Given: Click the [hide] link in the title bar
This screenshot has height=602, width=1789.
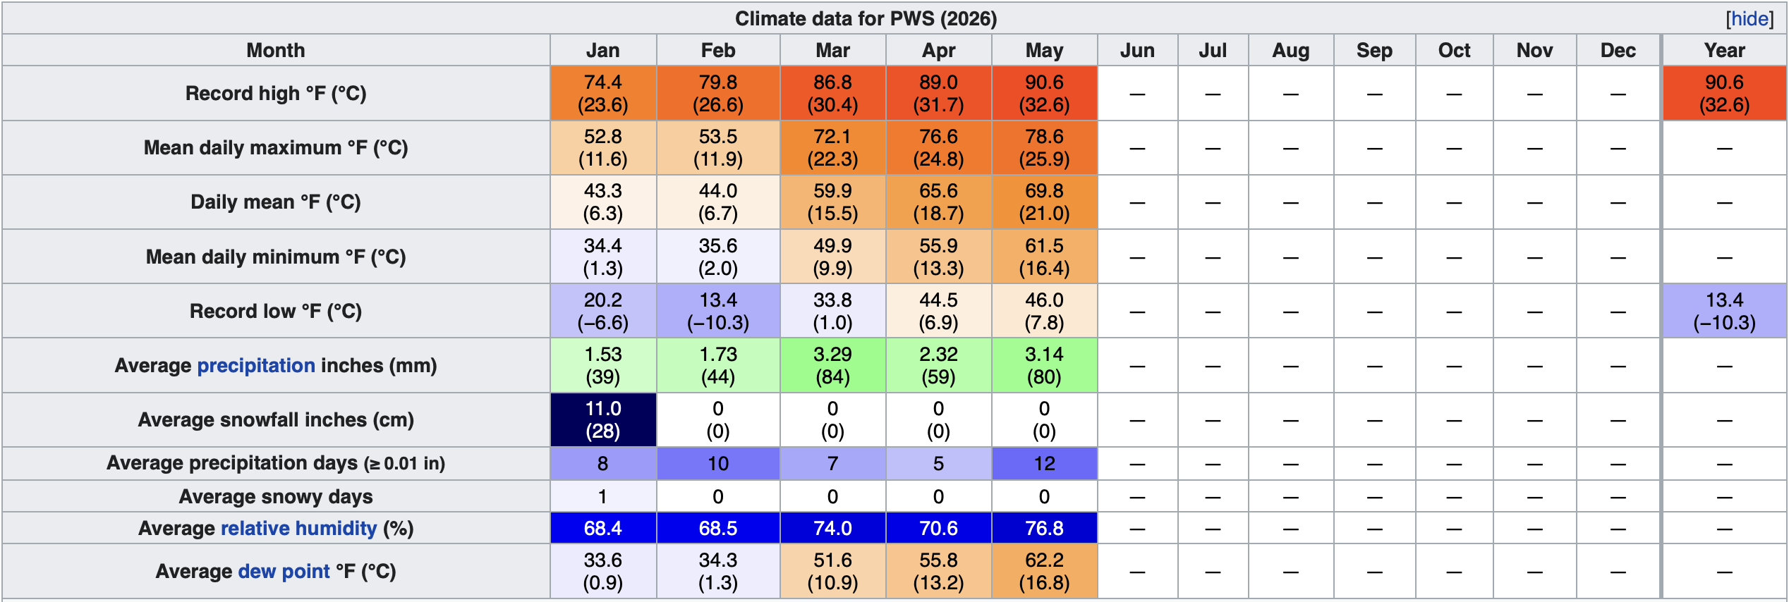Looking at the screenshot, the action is (1749, 19).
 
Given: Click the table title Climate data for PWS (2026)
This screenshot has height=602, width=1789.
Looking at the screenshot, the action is (866, 19).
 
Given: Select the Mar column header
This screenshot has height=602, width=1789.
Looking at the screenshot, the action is (832, 51).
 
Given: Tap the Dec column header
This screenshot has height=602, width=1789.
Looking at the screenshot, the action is (1618, 51).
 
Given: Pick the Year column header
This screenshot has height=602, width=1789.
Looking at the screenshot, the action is (1724, 51).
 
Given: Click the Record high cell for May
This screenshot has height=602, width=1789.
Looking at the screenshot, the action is (1044, 94).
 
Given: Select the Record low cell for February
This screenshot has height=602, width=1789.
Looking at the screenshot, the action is (718, 311).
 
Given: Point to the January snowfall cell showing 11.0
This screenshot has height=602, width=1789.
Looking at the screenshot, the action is (603, 419).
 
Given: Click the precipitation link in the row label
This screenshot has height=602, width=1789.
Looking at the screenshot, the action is (256, 365).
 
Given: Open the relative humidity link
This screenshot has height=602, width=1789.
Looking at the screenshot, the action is (299, 528).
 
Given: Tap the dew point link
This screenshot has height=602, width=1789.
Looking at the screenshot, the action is (284, 571).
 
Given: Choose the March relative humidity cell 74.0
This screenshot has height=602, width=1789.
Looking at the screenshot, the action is (832, 528).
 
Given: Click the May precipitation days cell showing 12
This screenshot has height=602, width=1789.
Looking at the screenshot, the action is (1044, 463).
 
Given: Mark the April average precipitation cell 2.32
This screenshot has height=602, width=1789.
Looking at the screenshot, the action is (938, 365).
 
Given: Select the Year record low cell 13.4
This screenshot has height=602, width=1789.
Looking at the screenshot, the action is (1724, 311).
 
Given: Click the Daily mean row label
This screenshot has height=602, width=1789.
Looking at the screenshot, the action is (276, 202).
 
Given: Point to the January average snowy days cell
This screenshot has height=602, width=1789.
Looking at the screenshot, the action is (603, 496).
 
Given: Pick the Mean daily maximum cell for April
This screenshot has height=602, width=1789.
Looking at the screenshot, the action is (938, 148).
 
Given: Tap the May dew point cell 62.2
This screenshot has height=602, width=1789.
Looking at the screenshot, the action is (1044, 571).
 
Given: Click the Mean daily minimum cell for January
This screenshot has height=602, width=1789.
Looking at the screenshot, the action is (603, 257).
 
